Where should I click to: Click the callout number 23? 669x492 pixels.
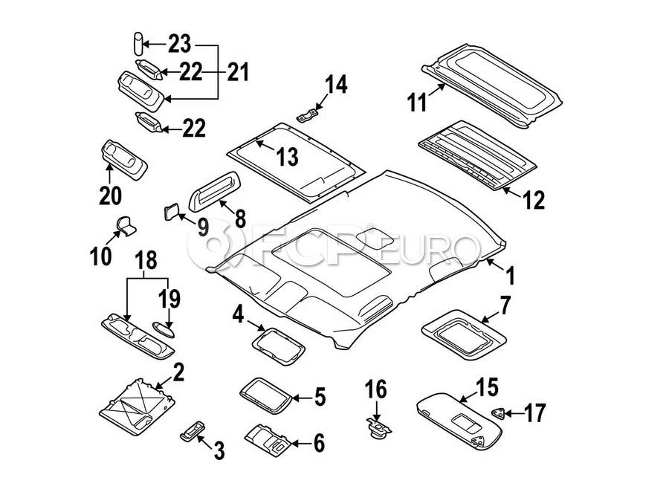click(x=179, y=44)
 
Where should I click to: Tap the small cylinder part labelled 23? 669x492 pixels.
click(x=138, y=43)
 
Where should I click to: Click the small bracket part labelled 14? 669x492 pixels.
click(x=307, y=115)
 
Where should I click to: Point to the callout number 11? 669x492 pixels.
click(x=417, y=102)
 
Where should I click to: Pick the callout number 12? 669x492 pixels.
click(x=533, y=200)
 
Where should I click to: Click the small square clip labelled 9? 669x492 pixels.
click(x=171, y=212)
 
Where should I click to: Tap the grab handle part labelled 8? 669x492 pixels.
click(x=214, y=191)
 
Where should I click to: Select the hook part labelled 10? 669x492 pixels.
click(x=126, y=226)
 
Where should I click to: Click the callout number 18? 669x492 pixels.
click(x=146, y=260)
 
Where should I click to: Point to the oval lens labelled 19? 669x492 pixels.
click(x=164, y=330)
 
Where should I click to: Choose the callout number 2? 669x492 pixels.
click(x=178, y=372)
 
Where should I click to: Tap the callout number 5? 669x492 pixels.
click(x=320, y=397)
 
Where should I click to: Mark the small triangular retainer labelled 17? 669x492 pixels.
click(x=497, y=413)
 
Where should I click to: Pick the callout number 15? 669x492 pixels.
click(x=487, y=387)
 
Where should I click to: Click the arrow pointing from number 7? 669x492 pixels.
click(x=491, y=317)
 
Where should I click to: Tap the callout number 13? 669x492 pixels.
click(x=288, y=157)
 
